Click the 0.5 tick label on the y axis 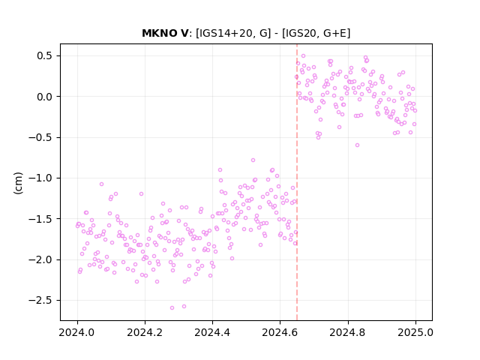(x=44, y=55)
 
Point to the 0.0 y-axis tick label (x=44, y=97)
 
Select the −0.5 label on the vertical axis (x=40, y=137)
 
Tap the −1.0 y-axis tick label (x=40, y=178)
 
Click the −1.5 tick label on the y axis (x=40, y=219)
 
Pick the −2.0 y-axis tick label (x=40, y=259)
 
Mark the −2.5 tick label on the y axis (x=40, y=300)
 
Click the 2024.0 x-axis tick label (x=77, y=332)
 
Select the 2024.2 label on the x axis (x=145, y=332)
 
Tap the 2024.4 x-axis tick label (x=212, y=332)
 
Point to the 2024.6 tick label (x=280, y=332)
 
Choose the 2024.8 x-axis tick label (x=348, y=332)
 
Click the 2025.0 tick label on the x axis (x=415, y=332)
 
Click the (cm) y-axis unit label (x=18, y=183)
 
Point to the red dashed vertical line (x=297, y=182)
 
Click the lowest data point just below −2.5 (x=172, y=307)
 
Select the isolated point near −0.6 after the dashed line (x=357, y=145)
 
